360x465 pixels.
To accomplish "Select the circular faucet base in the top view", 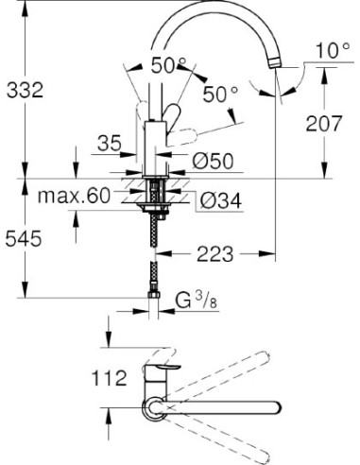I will click(152, 406).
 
